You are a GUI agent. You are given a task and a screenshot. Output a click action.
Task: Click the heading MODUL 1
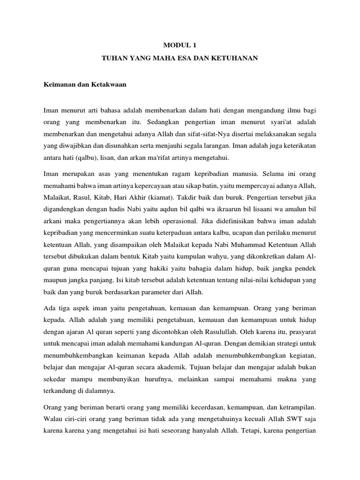pos(180,45)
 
